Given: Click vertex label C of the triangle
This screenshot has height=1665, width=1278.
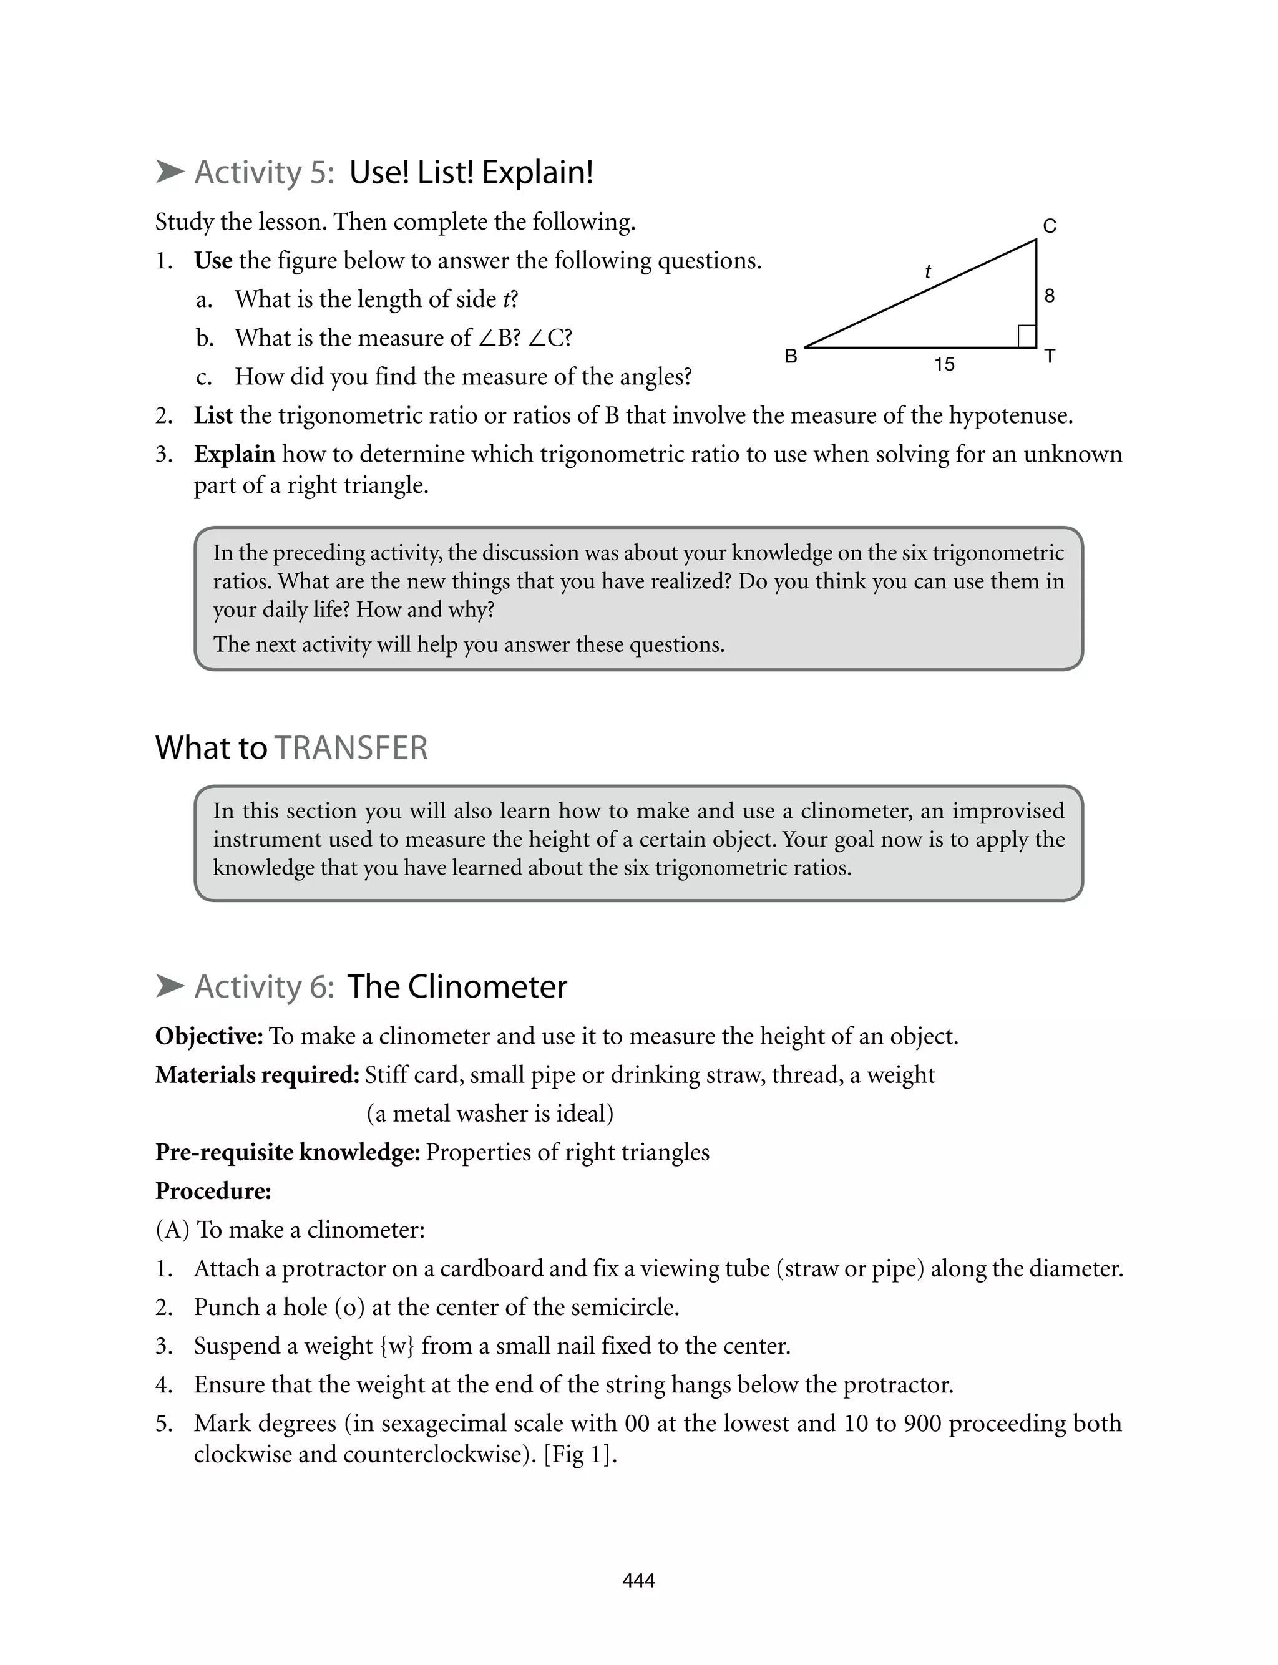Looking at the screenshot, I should pos(1049,226).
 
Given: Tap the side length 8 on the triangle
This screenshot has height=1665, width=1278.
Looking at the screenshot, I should pos(1049,296).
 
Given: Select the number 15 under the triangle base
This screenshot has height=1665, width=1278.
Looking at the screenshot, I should pos(944,365).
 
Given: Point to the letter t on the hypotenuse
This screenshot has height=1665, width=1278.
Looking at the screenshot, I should pos(927,271).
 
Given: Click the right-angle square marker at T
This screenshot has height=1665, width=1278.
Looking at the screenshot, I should pos(1026,336).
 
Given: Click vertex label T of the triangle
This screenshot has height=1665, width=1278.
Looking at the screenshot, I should pos(1050,356).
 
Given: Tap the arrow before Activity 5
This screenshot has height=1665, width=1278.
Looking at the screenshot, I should pos(170,172).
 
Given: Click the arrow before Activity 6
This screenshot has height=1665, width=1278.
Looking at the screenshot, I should pos(170,986).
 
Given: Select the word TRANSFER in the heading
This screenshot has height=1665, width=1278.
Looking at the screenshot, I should pos(351,747).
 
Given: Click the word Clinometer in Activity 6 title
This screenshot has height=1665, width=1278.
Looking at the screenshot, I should pos(487,986).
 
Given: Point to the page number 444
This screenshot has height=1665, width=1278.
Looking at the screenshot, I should pos(638,1581).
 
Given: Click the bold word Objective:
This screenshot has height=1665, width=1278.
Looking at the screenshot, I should pos(209,1036).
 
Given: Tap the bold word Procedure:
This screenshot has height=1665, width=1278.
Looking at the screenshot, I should pos(213,1191).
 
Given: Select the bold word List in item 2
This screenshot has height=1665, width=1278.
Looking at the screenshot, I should pos(213,416).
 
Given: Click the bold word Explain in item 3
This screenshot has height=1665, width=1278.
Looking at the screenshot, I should pos(234,454).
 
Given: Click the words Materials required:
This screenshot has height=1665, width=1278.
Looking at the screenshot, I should pos(257,1075).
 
